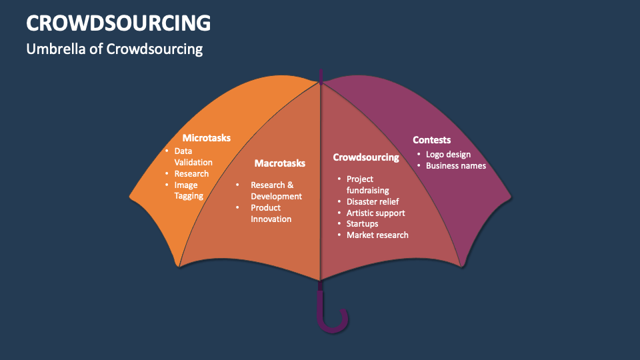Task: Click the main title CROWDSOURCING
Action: (x=118, y=23)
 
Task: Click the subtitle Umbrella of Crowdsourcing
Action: (x=114, y=49)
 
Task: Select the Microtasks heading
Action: (x=206, y=138)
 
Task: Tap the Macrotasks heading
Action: (x=279, y=163)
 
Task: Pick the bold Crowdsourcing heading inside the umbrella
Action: (x=365, y=157)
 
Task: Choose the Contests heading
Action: (x=431, y=140)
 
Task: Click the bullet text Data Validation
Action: (x=193, y=157)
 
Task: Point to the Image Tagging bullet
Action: (x=189, y=191)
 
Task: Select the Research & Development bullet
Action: (x=275, y=191)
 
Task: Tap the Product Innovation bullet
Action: (x=270, y=213)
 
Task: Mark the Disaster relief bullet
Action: (x=372, y=201)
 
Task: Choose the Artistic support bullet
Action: (x=375, y=213)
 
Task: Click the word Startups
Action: (x=362, y=224)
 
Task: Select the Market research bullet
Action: (x=377, y=235)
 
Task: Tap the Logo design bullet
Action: (x=448, y=155)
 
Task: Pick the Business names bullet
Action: (x=456, y=166)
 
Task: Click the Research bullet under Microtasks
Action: (x=191, y=174)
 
